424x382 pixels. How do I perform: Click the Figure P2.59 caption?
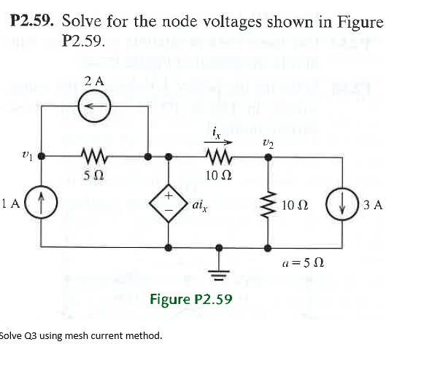[190, 299]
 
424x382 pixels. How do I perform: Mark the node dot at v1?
[42, 155]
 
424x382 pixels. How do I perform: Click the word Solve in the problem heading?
[84, 22]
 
